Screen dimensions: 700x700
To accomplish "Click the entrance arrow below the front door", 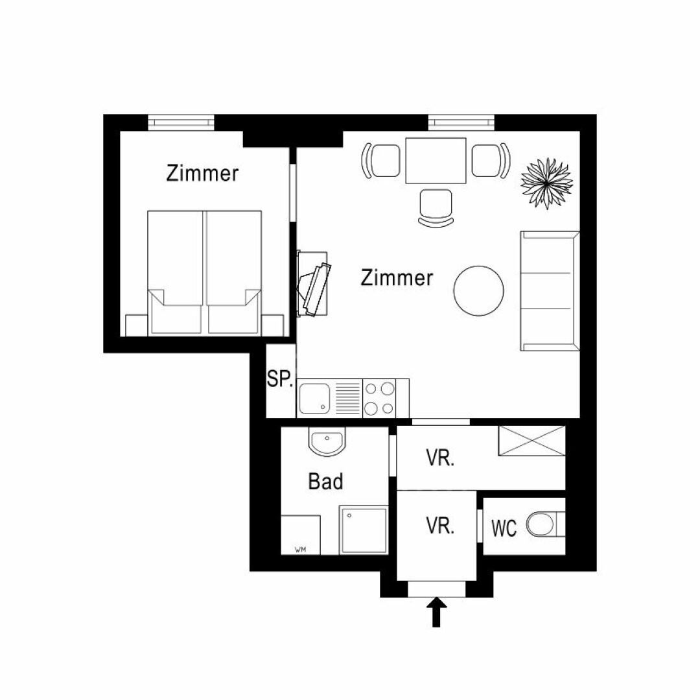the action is coord(436,612).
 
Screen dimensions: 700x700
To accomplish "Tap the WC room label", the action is coord(504,528).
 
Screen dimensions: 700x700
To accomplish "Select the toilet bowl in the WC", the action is coord(541,524).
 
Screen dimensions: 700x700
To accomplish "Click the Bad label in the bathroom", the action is coord(326,482).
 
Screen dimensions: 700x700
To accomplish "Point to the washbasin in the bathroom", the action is coord(327,441).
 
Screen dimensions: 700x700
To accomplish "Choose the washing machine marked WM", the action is coord(301,535).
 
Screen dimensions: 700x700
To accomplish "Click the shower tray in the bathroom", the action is coord(364,530).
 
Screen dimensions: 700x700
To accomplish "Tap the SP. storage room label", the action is coord(280,379).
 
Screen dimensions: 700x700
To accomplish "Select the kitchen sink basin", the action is coord(314,398).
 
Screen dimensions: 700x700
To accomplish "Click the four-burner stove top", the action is coord(379,398).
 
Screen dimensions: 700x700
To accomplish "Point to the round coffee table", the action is coord(478,290).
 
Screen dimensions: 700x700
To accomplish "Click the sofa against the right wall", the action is coord(550,290).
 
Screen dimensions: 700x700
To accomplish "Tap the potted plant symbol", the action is coord(547,183).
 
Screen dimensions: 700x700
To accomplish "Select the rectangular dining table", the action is coord(436,160).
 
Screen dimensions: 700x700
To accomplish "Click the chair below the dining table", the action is coord(436,208).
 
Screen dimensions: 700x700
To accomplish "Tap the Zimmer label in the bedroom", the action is coord(202,173).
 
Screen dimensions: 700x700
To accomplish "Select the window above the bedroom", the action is coord(181,122).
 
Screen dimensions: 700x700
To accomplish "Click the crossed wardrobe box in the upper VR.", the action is coord(531,441).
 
